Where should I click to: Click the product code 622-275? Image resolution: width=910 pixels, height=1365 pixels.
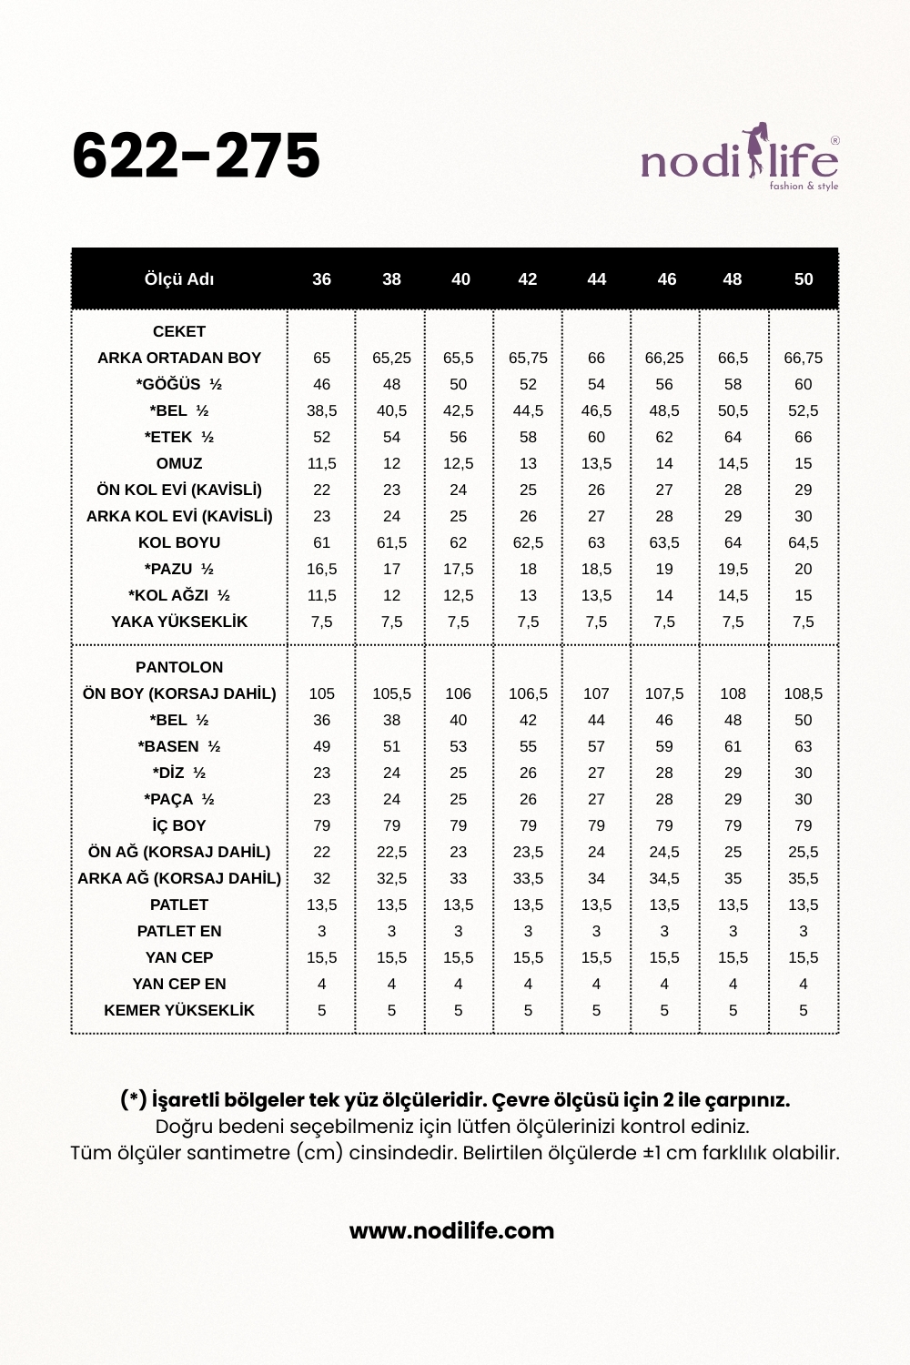click(x=196, y=156)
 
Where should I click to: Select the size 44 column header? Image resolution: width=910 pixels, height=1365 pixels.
click(x=596, y=279)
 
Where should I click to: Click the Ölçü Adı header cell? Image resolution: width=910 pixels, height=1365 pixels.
click(x=179, y=279)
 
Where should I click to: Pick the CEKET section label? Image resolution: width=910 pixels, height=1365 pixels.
click(x=179, y=331)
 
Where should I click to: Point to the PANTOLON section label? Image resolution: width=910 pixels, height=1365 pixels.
click(x=179, y=667)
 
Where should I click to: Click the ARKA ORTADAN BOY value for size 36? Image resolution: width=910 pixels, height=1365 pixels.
click(x=321, y=358)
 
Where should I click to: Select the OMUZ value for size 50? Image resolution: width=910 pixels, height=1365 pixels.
click(x=803, y=463)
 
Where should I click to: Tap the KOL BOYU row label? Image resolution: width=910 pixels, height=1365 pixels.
click(x=179, y=542)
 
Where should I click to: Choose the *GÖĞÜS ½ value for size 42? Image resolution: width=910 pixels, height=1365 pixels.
click(x=528, y=384)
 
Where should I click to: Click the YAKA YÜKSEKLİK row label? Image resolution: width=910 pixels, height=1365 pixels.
click(x=179, y=622)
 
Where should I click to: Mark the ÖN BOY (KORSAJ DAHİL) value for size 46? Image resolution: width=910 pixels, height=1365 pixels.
click(x=664, y=693)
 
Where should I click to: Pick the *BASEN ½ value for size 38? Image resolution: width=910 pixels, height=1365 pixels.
click(x=391, y=746)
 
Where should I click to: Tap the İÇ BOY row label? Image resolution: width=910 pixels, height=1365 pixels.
click(x=179, y=825)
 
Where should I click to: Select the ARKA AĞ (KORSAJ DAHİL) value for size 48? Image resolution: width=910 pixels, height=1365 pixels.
click(x=733, y=878)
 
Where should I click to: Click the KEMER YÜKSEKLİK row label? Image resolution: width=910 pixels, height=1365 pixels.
click(x=179, y=1010)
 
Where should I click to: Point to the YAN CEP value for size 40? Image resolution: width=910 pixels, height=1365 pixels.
click(x=458, y=957)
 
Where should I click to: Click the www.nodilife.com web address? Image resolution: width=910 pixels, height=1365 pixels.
click(x=451, y=1231)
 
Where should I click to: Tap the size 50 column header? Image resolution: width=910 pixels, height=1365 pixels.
click(x=803, y=279)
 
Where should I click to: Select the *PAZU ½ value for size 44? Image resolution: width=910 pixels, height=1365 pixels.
click(x=596, y=569)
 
